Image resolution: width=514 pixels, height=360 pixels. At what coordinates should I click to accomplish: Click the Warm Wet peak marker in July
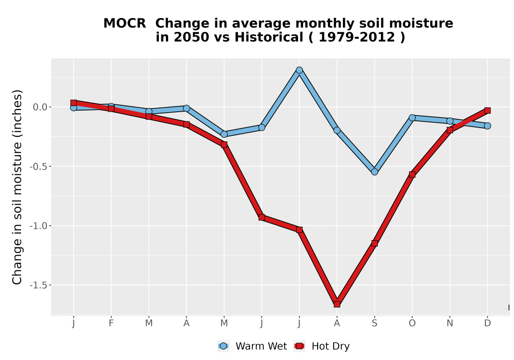click(299, 70)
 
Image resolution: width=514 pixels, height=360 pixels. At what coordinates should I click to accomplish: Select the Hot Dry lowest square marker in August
click(337, 304)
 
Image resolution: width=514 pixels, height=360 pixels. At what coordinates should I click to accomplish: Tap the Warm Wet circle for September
click(375, 172)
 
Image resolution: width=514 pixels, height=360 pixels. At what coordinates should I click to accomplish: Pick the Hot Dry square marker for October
click(412, 174)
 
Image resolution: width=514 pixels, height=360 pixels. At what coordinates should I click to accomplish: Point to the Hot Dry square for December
click(487, 111)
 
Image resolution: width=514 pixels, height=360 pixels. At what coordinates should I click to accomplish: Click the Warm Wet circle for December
click(487, 125)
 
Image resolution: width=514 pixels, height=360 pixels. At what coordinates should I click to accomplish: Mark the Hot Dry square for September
click(375, 243)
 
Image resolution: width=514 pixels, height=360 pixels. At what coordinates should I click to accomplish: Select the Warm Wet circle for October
click(412, 118)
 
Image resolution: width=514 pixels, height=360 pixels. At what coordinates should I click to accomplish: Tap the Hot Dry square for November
click(450, 130)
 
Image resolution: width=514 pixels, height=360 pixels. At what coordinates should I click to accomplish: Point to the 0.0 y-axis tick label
click(40, 107)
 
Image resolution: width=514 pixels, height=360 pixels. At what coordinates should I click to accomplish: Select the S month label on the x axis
click(375, 323)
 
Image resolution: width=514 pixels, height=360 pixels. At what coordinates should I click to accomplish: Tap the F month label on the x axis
click(111, 323)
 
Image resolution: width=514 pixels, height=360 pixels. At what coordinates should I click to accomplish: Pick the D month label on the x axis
click(487, 323)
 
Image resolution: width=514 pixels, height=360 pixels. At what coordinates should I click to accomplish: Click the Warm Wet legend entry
click(252, 346)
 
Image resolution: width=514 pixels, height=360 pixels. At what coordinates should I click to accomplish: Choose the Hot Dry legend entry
click(322, 346)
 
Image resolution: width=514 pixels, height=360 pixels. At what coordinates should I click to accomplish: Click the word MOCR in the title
click(124, 24)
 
